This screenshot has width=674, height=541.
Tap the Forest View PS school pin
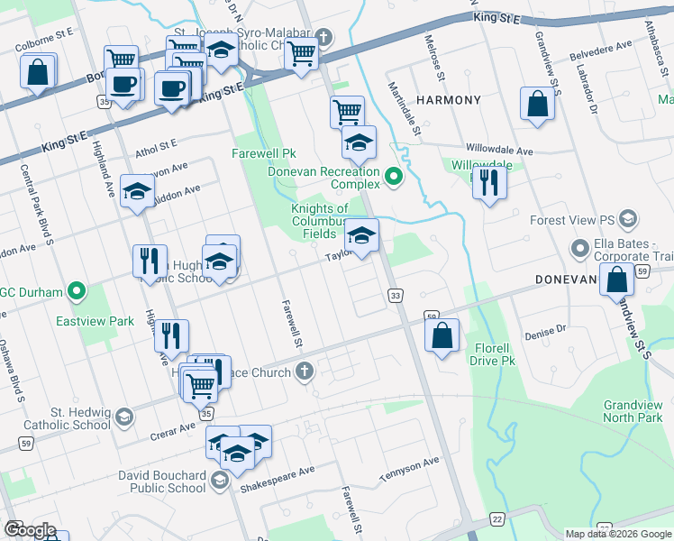(x=628, y=219)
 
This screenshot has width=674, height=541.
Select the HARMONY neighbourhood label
(x=448, y=99)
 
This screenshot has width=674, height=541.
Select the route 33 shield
(x=395, y=295)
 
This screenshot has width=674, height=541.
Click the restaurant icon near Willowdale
(x=489, y=182)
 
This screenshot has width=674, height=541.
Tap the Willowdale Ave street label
(x=499, y=150)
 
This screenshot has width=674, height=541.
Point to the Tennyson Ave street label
(x=409, y=463)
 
